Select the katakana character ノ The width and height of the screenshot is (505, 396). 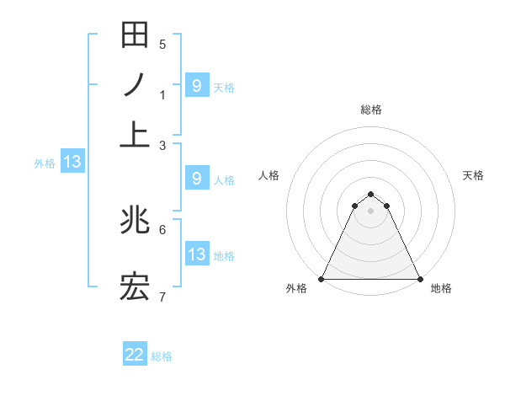point(135,85)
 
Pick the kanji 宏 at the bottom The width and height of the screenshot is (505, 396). point(135,289)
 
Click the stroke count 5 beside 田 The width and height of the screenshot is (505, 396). point(162,44)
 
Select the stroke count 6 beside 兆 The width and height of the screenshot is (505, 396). point(162,228)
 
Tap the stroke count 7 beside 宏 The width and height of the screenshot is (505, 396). point(162,297)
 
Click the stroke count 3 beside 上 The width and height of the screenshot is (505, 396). point(162,145)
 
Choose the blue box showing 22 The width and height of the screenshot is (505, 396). point(135,355)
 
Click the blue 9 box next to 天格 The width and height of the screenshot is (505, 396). point(196,85)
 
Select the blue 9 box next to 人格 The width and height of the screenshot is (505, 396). point(196,179)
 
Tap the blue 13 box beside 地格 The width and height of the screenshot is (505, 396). point(196,254)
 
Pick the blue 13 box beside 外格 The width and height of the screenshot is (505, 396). point(72,162)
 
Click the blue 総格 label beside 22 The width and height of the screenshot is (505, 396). point(162,356)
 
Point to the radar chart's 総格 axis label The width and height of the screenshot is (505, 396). point(370,110)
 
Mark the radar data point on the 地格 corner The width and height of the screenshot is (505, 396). point(419,278)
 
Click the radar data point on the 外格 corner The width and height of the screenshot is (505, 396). point(322,278)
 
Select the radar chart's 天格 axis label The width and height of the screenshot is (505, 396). point(473,175)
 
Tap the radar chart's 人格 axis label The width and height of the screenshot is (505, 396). point(269,175)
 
